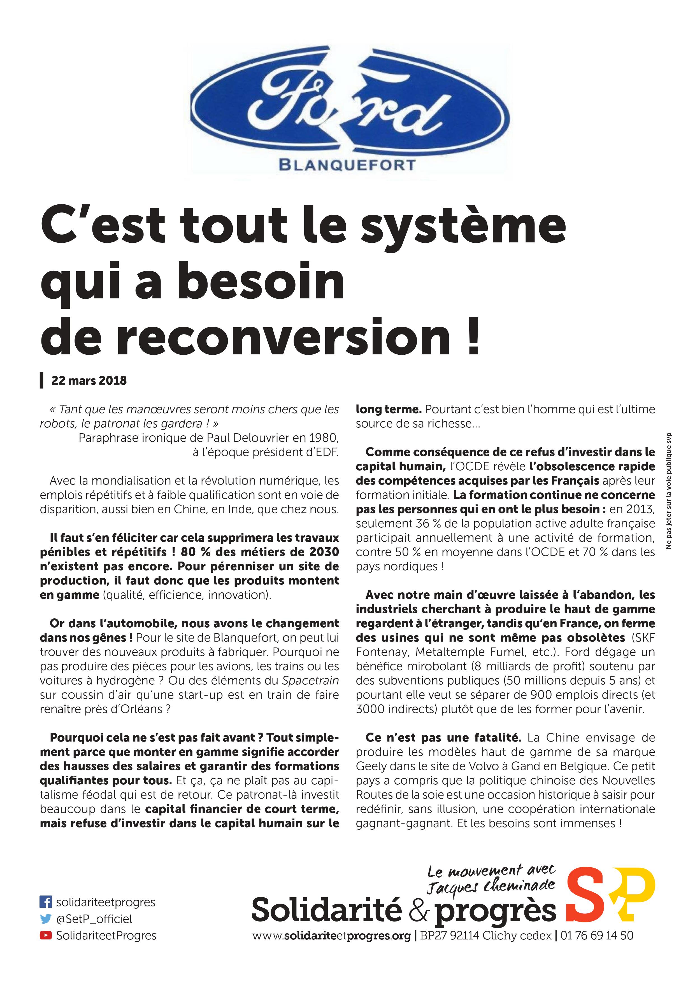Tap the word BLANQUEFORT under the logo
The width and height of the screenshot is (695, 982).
pos(347,165)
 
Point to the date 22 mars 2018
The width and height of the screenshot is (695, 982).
pos(89,380)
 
